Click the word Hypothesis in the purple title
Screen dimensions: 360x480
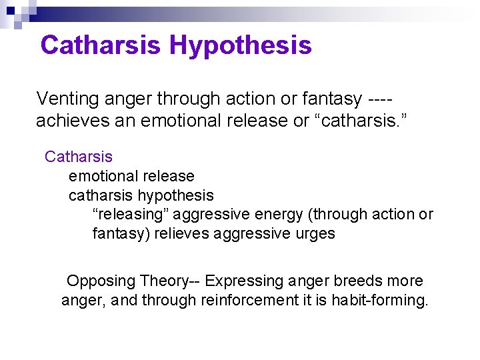pyautogui.click(x=240, y=45)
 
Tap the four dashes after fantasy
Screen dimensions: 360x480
pyautogui.click(x=380, y=99)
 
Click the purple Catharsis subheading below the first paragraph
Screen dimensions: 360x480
pyautogui.click(x=79, y=157)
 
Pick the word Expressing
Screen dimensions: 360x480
pyautogui.click(x=240, y=281)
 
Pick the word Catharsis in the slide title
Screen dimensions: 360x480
pyautogui.click(x=101, y=45)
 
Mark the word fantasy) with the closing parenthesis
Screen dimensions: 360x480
pyautogui.click(x=121, y=234)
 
